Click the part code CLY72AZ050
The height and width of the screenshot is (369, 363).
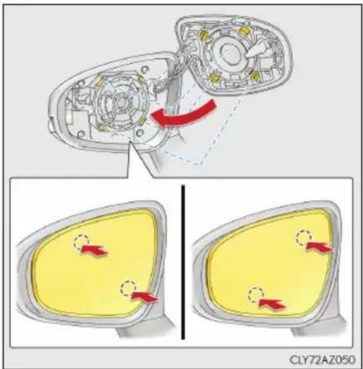tap(322, 360)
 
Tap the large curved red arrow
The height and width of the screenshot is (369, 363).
tap(184, 114)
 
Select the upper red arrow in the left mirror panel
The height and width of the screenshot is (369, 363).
tap(95, 250)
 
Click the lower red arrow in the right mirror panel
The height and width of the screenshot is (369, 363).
tap(272, 304)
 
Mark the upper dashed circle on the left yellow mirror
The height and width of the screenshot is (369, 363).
tap(81, 241)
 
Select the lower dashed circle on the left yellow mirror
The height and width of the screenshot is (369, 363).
tap(129, 288)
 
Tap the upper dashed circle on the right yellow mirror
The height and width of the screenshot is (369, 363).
tap(304, 238)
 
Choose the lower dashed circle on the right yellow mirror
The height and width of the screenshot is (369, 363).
tap(256, 295)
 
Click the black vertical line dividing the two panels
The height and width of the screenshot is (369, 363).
tap(183, 262)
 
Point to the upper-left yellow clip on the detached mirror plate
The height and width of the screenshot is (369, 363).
tap(204, 35)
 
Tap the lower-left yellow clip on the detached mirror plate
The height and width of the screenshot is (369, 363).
tap(214, 78)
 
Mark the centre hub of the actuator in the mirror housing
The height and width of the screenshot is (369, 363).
tap(122, 102)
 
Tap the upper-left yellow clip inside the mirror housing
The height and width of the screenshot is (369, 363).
tap(100, 80)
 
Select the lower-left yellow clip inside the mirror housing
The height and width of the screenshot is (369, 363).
tap(102, 127)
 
